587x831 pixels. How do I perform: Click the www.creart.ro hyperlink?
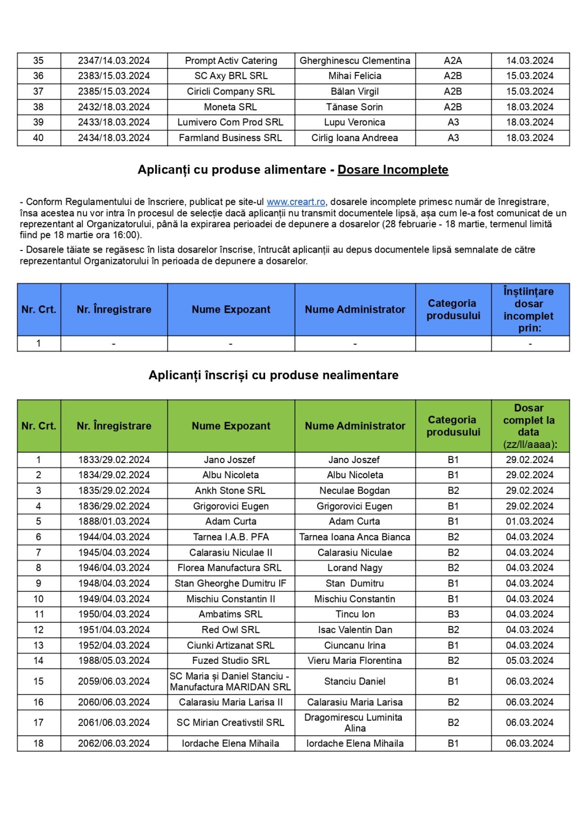(295, 202)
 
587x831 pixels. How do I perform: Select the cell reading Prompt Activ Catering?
(231, 61)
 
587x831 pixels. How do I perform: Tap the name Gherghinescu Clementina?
(354, 61)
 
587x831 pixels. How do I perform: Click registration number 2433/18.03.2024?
(114, 122)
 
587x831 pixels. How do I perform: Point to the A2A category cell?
(453, 61)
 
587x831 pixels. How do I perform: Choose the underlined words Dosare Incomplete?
(393, 170)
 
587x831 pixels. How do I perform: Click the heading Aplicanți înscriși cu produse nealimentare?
(273, 375)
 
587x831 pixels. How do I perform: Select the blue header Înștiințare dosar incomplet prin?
(529, 309)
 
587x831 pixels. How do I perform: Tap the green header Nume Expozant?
(231, 426)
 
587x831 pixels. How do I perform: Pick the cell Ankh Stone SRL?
(230, 491)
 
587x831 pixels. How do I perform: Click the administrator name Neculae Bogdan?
(354, 491)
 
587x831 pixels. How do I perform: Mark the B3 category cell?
(453, 614)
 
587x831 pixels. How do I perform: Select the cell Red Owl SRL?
(230, 630)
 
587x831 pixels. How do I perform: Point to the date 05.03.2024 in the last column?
(530, 661)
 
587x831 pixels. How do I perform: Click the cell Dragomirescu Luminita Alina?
(354, 723)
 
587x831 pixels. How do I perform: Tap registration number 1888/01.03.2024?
(114, 522)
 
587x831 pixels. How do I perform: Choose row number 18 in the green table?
(38, 743)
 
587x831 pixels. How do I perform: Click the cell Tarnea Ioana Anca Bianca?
(354, 537)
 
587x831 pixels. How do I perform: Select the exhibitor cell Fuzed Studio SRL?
(230, 661)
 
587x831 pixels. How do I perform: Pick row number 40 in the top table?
(38, 138)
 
